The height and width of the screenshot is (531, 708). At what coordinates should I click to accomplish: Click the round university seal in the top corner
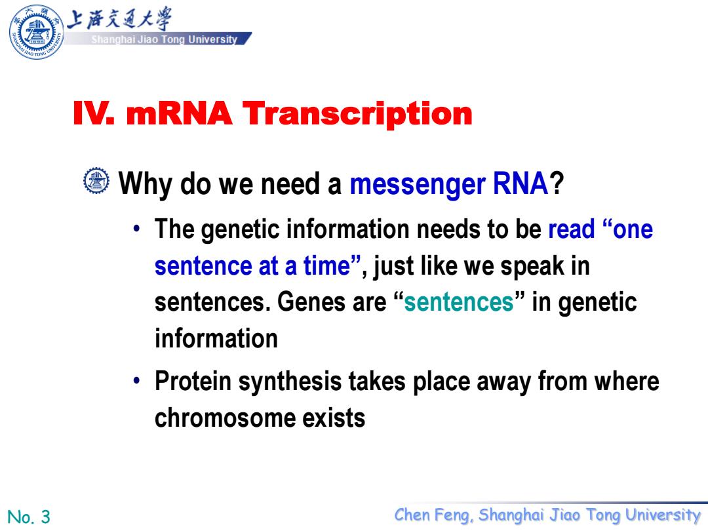(x=37, y=31)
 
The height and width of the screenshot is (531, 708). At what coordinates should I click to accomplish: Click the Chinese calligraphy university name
(x=120, y=19)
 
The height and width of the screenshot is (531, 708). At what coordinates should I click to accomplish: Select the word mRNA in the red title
(x=179, y=113)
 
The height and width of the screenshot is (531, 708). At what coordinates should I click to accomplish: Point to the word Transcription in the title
(x=357, y=114)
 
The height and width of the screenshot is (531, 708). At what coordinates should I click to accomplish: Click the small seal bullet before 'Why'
(x=96, y=181)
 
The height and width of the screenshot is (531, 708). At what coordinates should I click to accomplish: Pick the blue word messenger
(x=418, y=185)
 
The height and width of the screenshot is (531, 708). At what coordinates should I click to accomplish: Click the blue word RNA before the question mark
(x=520, y=184)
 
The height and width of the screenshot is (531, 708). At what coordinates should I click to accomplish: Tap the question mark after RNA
(x=557, y=184)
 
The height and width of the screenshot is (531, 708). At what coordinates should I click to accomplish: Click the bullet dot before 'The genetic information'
(x=137, y=229)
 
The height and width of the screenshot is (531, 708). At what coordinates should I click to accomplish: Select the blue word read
(x=571, y=229)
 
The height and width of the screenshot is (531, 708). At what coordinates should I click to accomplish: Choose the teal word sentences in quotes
(x=458, y=302)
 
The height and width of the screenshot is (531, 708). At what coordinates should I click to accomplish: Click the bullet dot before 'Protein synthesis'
(x=137, y=381)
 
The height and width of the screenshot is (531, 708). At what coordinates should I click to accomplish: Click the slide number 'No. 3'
(x=28, y=517)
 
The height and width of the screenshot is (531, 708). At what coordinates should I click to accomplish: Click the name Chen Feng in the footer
(x=434, y=515)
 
